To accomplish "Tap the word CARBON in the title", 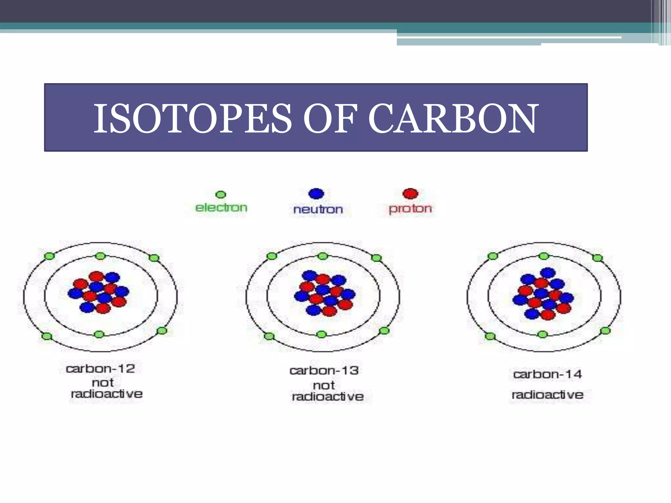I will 453,119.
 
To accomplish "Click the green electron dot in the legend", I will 221,195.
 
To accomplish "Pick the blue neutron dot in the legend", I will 316,194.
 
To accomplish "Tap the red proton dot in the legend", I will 410,194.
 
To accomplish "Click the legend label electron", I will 221,208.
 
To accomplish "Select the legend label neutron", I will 318,209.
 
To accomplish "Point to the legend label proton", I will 410,209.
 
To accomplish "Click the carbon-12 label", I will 100,369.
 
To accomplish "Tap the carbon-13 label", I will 324,371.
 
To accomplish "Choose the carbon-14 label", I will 547,374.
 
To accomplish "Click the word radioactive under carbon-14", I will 547,395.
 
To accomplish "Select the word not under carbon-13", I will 324,385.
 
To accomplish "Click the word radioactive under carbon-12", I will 106,394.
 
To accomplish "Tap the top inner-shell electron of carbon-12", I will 101,256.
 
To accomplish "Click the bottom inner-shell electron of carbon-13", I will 322,334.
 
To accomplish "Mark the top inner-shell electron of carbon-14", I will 544,256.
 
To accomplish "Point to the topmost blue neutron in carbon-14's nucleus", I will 548,272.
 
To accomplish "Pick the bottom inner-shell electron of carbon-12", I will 99,334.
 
